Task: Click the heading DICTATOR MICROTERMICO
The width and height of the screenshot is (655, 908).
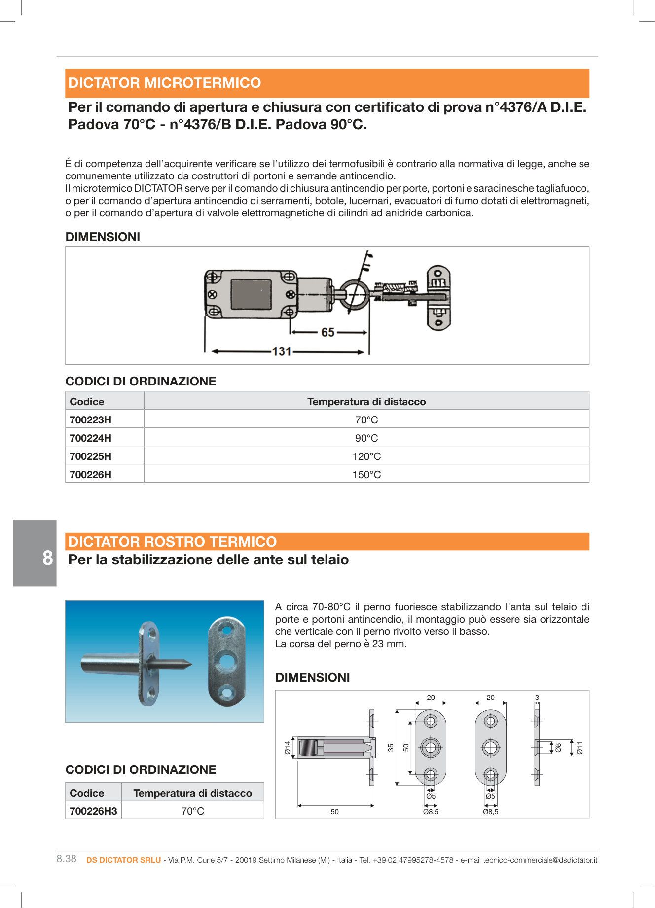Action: (x=164, y=83)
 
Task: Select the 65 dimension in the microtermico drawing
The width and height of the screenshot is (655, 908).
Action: (x=327, y=333)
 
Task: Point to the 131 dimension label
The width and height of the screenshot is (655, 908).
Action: (x=282, y=351)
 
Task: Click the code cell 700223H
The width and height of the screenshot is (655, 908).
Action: (x=91, y=420)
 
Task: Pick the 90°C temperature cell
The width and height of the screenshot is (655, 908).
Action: (x=366, y=438)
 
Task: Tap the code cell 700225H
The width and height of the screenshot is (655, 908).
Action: (x=91, y=456)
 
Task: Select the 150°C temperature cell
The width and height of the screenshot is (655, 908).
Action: (x=366, y=475)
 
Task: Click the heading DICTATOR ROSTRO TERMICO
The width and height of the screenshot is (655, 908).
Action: (x=172, y=542)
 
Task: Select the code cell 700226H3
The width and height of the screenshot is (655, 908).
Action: (x=93, y=811)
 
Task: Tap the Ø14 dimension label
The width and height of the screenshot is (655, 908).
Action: (x=288, y=748)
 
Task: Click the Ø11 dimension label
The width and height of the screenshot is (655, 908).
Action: (x=580, y=748)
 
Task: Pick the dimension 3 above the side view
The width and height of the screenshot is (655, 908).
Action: (x=537, y=698)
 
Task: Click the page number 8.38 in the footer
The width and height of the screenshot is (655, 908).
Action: (x=67, y=859)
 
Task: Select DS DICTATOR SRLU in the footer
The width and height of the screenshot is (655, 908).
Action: (x=123, y=860)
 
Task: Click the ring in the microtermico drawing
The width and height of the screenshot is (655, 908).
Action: (x=354, y=296)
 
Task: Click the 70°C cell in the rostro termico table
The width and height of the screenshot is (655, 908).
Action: (x=192, y=811)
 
